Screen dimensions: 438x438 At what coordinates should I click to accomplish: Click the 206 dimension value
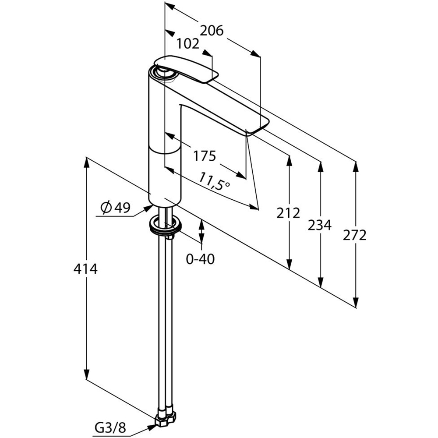click(212, 31)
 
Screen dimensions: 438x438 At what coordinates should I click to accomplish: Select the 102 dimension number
click(188, 44)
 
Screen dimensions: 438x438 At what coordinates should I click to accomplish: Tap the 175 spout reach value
click(204, 155)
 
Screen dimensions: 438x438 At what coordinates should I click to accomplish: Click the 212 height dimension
click(288, 213)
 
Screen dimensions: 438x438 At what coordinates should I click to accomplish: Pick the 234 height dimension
click(320, 226)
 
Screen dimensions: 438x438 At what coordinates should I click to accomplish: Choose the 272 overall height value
click(355, 235)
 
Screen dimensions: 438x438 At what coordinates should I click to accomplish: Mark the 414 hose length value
click(85, 268)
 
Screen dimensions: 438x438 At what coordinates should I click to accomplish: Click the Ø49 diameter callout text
click(116, 208)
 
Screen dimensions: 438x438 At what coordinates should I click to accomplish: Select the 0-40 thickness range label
click(200, 259)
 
